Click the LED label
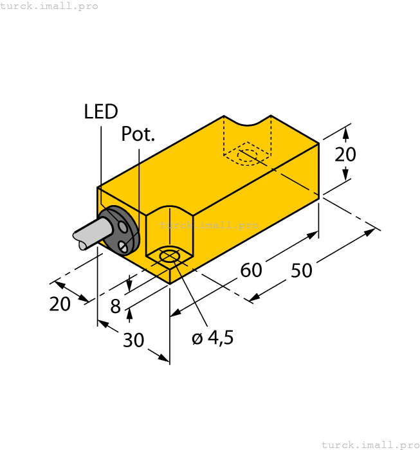pyautogui.click(x=101, y=112)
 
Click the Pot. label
pyautogui.click(x=138, y=134)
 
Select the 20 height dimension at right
pyautogui.click(x=345, y=154)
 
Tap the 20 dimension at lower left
pyautogui.click(x=60, y=303)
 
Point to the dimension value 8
pyautogui.click(x=116, y=307)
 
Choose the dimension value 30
pyautogui.click(x=133, y=340)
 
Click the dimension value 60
pyautogui.click(x=251, y=271)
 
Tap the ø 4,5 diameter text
pyautogui.click(x=212, y=338)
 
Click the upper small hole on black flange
pyautogui.click(x=122, y=226)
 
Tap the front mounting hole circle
pyautogui.click(x=169, y=257)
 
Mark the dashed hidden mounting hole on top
pyautogui.click(x=247, y=156)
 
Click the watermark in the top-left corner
pyautogui.click(x=50, y=6)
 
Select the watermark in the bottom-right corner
pyautogui.click(x=370, y=444)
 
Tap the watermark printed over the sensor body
pyautogui.click(x=209, y=225)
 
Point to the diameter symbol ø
pyautogui.click(x=197, y=339)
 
